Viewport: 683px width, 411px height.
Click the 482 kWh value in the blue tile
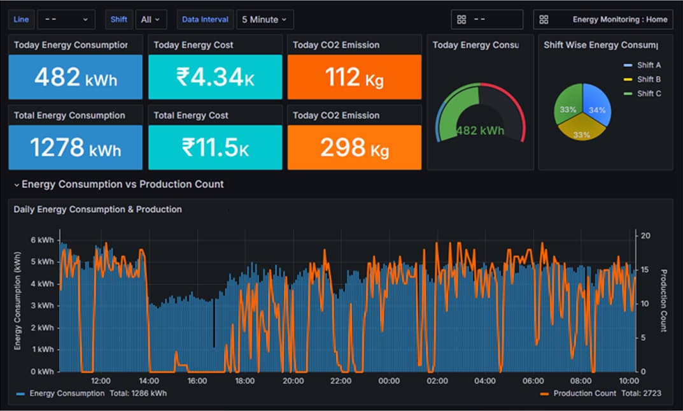[76, 77]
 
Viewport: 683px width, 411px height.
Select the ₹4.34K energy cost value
[215, 77]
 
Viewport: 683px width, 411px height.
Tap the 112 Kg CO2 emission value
[354, 77]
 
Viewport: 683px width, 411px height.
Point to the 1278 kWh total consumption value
[76, 148]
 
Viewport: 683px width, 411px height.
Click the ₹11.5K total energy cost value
[215, 148]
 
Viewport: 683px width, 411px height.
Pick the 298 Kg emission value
[354, 148]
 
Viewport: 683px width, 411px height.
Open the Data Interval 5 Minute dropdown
[265, 20]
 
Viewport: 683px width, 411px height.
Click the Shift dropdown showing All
[151, 20]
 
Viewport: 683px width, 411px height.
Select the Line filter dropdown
[66, 20]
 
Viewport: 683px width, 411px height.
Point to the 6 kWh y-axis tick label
[43, 240]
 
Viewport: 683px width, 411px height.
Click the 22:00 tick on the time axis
[341, 381]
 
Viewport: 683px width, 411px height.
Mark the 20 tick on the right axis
[645, 236]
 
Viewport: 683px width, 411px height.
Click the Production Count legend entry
[584, 393]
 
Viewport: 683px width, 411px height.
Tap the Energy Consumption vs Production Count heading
[122, 184]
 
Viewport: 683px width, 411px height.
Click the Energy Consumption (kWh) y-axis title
[18, 300]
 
